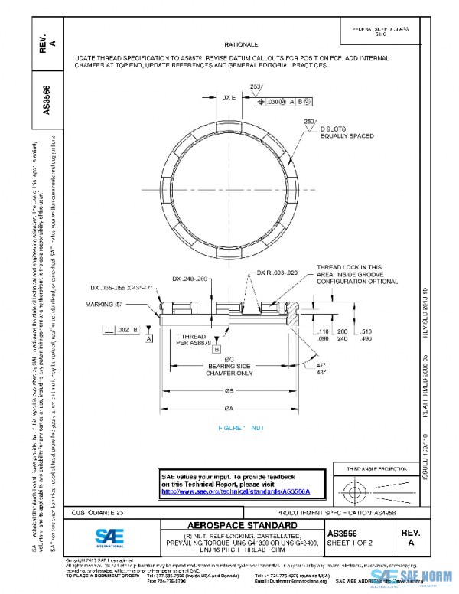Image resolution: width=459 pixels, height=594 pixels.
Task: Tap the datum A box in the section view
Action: [148, 338]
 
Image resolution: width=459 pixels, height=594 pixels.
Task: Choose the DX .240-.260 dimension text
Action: [190, 279]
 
